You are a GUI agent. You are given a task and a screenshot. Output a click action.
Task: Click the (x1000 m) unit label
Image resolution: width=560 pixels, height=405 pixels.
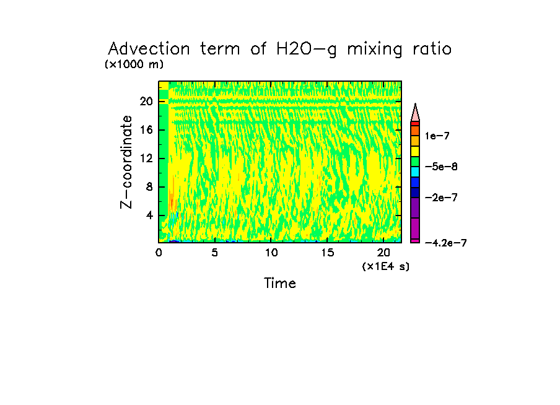pos(134,64)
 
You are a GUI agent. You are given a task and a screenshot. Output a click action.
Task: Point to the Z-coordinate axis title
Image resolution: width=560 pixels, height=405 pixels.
pos(128,161)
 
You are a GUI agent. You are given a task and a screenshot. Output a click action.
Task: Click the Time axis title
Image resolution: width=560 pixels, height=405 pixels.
pos(280,284)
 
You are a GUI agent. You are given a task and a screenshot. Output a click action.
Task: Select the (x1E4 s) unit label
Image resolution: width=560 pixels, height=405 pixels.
pos(385,266)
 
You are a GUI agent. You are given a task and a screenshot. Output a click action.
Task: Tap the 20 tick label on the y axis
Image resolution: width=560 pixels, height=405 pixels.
pos(147,102)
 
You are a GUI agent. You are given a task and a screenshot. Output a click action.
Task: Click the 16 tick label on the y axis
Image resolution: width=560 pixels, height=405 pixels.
pos(147,130)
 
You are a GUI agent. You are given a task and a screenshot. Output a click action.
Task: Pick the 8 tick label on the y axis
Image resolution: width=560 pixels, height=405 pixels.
pos(149,187)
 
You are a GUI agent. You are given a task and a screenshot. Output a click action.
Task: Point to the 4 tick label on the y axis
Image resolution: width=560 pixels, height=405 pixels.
pos(149,216)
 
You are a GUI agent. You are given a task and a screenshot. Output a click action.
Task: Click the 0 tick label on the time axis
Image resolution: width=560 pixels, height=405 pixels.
pos(159,253)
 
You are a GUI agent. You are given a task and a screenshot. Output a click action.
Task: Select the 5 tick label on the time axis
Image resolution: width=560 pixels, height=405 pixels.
pos(214,253)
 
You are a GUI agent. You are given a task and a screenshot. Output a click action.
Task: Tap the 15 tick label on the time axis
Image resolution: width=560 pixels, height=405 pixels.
pos(327,253)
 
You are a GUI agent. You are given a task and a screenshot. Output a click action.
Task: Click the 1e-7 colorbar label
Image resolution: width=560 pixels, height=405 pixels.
pos(438,136)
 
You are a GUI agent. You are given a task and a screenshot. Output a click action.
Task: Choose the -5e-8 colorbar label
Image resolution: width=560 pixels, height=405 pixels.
pos(442,167)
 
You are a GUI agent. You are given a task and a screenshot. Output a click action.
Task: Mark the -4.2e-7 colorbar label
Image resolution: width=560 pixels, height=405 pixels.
pos(445,243)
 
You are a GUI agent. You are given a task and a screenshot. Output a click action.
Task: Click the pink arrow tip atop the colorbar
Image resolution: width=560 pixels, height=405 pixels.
pos(415,112)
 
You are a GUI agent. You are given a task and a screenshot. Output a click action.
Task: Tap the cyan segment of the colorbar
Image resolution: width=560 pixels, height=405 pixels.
pos(415,171)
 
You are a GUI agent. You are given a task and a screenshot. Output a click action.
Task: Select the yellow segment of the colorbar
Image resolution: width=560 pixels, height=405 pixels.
pos(415,150)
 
